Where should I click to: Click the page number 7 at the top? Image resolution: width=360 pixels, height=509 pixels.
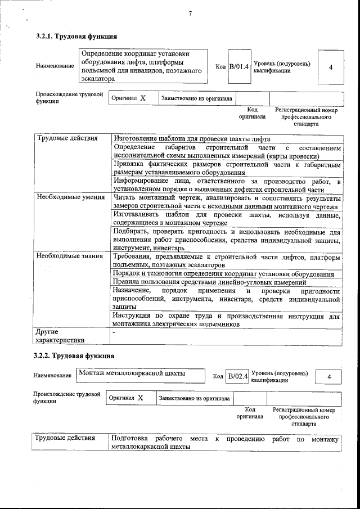[190, 13]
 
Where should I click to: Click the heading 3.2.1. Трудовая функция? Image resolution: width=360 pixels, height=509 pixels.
[76, 37]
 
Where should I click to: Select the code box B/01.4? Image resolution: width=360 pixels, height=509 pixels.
[238, 67]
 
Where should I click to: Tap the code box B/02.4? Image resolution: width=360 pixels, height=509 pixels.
[237, 376]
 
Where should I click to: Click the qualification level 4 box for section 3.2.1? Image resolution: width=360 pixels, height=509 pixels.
[330, 67]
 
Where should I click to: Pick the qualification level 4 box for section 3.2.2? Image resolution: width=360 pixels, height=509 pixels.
[329, 376]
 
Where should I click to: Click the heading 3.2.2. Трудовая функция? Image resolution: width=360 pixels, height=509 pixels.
[74, 356]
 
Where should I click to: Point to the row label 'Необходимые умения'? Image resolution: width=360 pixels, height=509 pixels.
[70, 197]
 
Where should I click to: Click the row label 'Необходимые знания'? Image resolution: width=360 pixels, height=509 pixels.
[70, 256]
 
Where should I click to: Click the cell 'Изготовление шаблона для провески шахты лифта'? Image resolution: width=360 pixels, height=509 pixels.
[192, 139]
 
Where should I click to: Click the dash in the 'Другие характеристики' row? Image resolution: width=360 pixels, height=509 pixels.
[114, 332]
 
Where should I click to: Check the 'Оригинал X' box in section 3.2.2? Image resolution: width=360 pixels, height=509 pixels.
[126, 398]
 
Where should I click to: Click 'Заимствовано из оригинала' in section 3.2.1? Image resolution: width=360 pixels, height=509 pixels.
[196, 98]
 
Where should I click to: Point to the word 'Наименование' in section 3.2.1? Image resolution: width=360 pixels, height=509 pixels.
[55, 66]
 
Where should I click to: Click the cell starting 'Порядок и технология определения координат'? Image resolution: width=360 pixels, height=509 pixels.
[223, 273]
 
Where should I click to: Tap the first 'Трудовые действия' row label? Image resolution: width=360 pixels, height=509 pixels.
[67, 138]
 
